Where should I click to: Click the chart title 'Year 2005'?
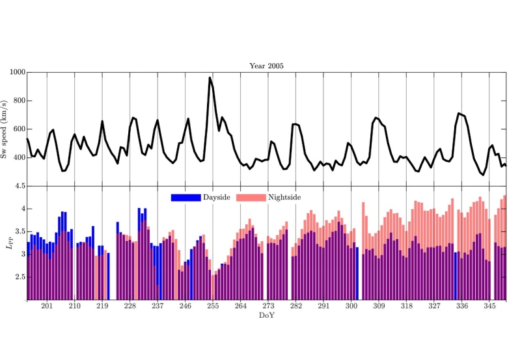[266, 66]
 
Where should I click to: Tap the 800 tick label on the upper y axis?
[17, 101]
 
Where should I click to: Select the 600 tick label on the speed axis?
[17, 130]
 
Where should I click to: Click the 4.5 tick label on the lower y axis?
[18, 186]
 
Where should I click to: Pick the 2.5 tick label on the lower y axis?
[18, 278]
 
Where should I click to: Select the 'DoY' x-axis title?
[266, 315]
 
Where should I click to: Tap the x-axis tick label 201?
[47, 306]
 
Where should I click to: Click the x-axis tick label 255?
[213, 306]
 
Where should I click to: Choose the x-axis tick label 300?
[351, 306]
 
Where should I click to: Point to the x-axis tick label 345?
[489, 306]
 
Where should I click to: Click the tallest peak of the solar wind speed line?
[210, 78]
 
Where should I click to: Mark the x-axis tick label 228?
[130, 306]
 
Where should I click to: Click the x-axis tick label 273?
[268, 306]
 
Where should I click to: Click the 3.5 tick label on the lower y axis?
[18, 232]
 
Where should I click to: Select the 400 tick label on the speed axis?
[17, 158]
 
